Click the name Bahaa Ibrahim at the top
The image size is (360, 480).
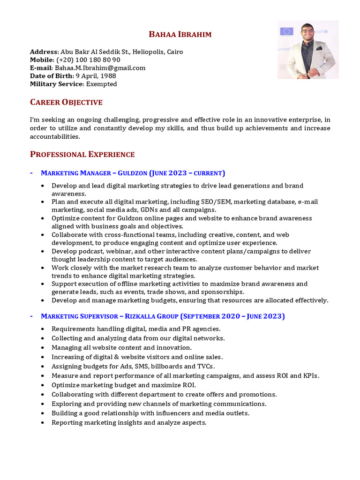[x=180, y=34]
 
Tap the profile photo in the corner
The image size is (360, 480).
[x=307, y=50]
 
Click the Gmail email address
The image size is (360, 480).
[x=100, y=68]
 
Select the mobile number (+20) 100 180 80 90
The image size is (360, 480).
[x=88, y=60]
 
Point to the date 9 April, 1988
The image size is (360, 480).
[x=96, y=76]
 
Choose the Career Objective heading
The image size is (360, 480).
[x=66, y=102]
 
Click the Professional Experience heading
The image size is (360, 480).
[x=82, y=154]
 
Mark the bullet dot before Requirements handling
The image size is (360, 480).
[x=43, y=329]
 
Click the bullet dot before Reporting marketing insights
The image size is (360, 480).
[x=43, y=423]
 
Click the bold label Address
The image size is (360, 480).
[x=44, y=52]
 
